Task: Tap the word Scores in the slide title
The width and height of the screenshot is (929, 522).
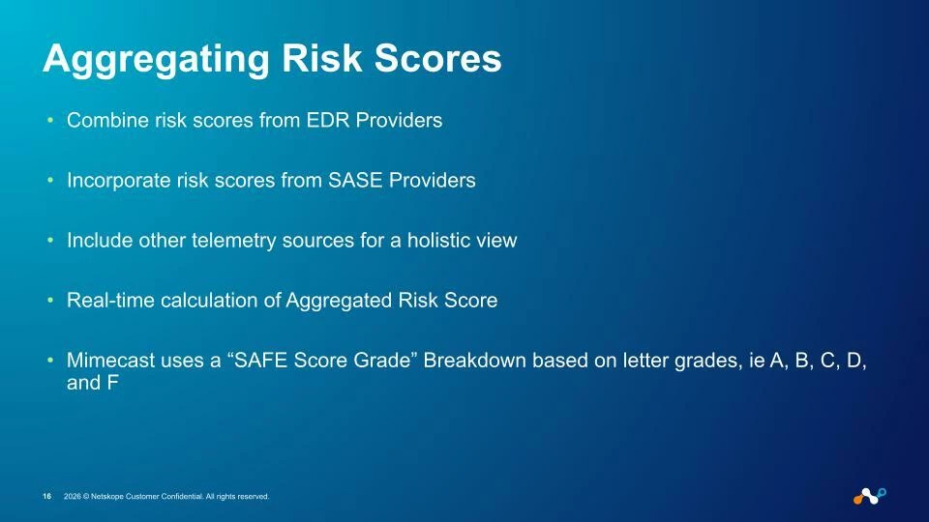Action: click(437, 59)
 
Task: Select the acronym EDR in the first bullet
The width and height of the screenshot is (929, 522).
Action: click(328, 120)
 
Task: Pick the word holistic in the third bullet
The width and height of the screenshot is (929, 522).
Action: click(435, 240)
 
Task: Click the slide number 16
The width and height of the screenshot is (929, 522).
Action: click(46, 497)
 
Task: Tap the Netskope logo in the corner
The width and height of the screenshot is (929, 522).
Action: click(870, 496)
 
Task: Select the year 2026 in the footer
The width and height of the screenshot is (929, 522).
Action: click(73, 497)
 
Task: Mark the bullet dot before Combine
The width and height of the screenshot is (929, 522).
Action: click(50, 120)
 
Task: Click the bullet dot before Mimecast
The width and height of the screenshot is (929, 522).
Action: click(50, 360)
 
